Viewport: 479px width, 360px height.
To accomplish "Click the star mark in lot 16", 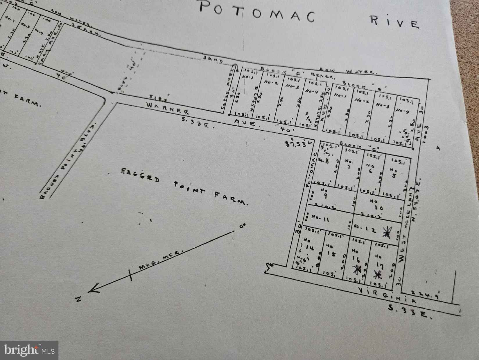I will [x=357, y=269].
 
